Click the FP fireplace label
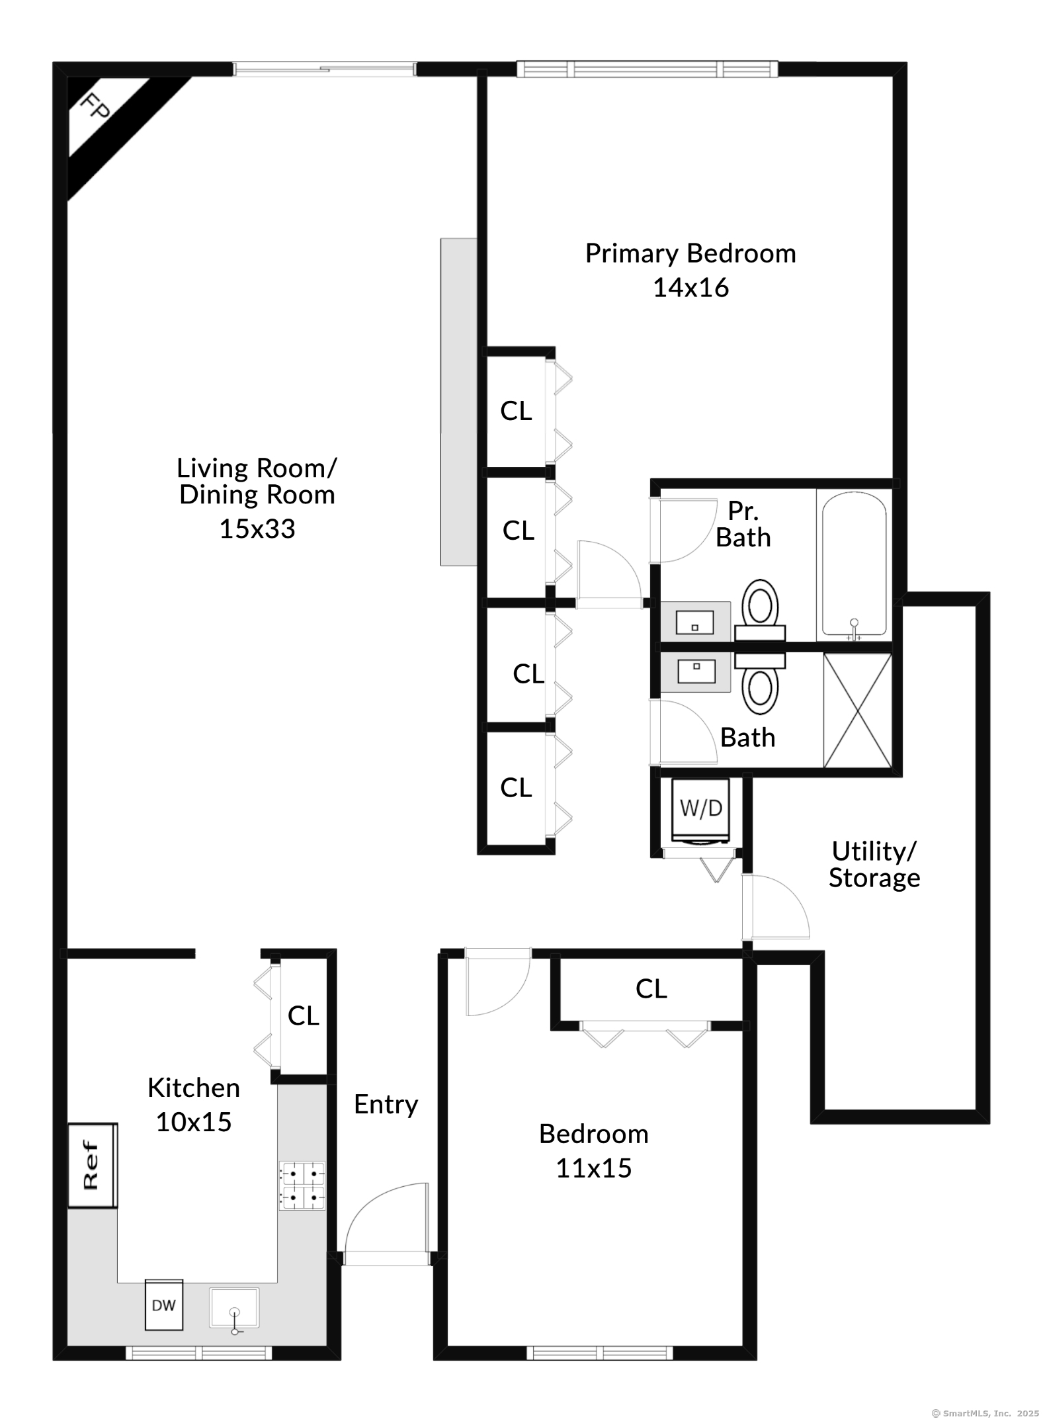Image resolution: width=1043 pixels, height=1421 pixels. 95,105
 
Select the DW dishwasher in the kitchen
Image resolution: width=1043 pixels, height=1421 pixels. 164,1305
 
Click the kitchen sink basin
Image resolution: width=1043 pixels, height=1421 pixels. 234,1308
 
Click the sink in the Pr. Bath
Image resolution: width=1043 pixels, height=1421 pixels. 695,622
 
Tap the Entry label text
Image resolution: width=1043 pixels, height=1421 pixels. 386,1104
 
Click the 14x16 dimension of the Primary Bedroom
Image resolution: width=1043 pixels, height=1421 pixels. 690,288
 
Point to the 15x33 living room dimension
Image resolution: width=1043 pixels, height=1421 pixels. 257,529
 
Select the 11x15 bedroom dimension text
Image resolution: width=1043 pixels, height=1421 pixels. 593,1168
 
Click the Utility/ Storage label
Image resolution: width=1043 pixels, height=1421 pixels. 874,864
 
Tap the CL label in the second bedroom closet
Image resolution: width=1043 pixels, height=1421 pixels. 651,989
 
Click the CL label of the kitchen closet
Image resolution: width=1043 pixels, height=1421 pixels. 303,1015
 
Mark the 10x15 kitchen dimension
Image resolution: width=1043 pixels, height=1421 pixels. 193,1122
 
